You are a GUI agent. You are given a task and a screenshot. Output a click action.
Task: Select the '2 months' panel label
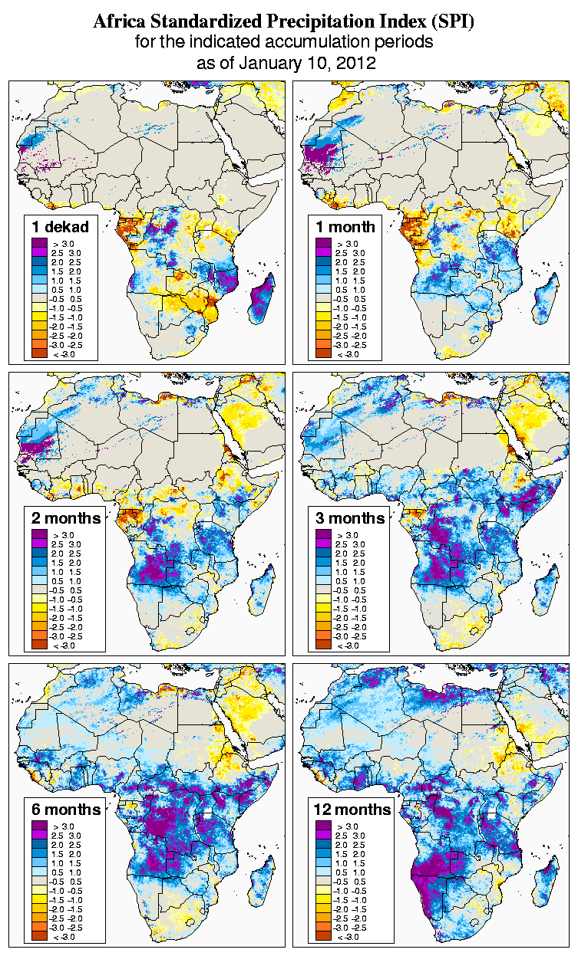(x=65, y=517)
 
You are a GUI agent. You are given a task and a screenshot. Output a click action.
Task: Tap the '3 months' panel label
(x=349, y=517)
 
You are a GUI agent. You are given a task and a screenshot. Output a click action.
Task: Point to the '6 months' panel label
(x=65, y=809)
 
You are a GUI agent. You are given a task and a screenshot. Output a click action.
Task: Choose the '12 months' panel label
(x=352, y=809)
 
